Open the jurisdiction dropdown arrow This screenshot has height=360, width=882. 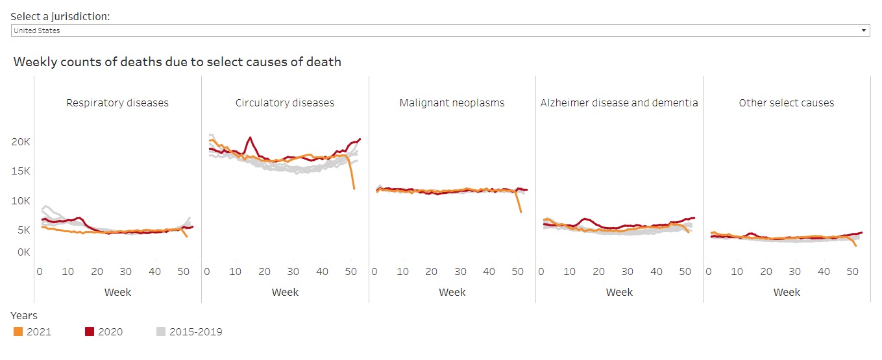(863, 30)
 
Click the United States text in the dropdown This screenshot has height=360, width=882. (37, 30)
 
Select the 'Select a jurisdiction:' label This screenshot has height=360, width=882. (60, 16)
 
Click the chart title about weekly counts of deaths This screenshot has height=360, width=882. (177, 62)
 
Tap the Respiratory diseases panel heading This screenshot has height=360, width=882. (117, 102)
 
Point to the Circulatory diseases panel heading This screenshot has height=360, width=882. (285, 102)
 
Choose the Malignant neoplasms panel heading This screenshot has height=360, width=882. (452, 102)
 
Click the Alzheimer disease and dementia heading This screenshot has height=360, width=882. (619, 102)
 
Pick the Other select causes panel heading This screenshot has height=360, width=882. (787, 102)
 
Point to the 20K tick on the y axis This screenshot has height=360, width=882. (21, 141)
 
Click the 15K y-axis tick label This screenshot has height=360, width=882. (21, 171)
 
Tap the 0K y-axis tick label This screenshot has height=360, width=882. (23, 252)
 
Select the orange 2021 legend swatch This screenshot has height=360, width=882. (18, 331)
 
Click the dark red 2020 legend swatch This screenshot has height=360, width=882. (90, 331)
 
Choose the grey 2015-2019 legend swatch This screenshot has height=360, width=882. (161, 331)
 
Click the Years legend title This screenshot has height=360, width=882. (24, 316)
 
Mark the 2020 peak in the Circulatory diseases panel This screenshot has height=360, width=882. (250, 138)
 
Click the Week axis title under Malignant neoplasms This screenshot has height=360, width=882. (452, 292)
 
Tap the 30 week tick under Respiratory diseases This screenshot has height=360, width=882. (125, 272)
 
